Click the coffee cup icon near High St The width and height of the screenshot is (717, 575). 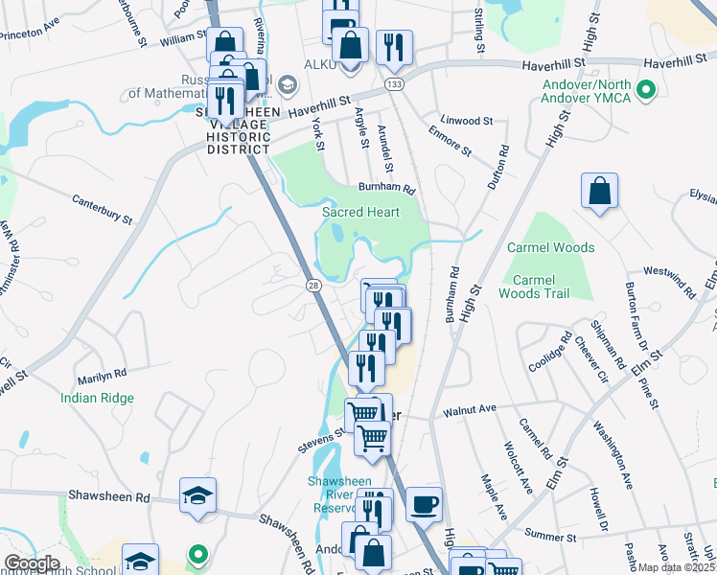pyautogui.click(x=424, y=503)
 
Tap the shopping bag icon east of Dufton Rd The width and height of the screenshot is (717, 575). pyautogui.click(x=599, y=190)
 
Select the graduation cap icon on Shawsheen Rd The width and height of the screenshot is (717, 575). pyautogui.click(x=197, y=494)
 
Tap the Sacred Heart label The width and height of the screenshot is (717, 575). pyautogui.click(x=360, y=212)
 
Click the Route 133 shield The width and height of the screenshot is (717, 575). pyautogui.click(x=394, y=85)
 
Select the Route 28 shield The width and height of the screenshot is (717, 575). pyautogui.click(x=313, y=286)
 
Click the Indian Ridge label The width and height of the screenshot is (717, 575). pyautogui.click(x=97, y=398)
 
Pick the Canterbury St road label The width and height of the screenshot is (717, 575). pyautogui.click(x=103, y=208)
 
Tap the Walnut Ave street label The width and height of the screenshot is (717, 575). pyautogui.click(x=469, y=409)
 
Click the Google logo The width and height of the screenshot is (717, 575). pyautogui.click(x=32, y=563)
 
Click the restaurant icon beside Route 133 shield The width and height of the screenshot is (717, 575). pyautogui.click(x=394, y=48)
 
